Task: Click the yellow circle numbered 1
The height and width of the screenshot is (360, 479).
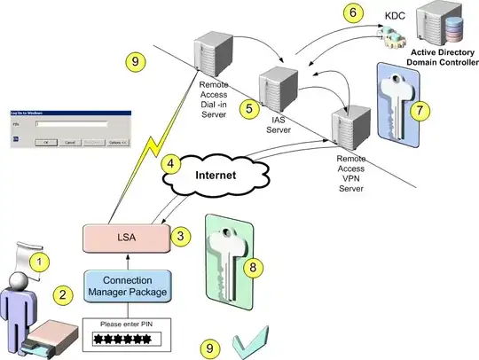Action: coord(40,262)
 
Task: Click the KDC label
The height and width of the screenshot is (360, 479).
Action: coord(395,15)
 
